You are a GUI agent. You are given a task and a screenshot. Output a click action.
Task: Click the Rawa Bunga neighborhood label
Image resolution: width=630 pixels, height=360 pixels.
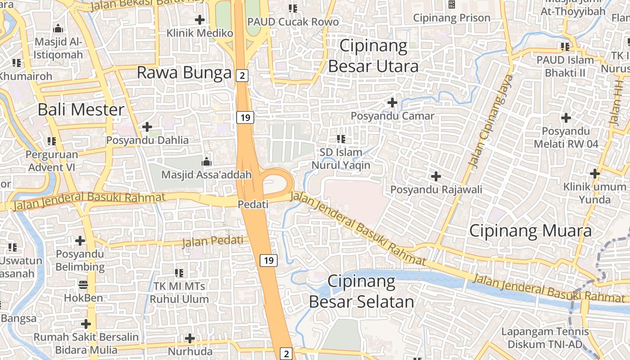(184, 72)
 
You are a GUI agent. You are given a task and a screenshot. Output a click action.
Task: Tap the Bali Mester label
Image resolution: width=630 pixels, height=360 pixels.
(81, 109)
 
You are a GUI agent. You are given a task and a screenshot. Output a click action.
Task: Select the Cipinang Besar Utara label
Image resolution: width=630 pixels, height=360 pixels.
(373, 56)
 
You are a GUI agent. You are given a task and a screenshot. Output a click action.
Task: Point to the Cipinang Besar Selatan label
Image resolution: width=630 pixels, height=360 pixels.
(361, 292)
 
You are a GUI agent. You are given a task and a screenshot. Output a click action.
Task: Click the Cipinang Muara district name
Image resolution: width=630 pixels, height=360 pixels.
(530, 231)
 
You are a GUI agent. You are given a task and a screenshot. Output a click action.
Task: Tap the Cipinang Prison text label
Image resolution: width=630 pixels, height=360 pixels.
(451, 18)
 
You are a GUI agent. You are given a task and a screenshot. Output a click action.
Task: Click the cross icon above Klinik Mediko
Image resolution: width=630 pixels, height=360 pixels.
(200, 20)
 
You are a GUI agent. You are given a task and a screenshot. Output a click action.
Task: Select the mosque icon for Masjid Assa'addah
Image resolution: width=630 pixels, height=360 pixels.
(207, 161)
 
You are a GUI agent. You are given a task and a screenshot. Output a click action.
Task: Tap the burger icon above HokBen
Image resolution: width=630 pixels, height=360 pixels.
(83, 284)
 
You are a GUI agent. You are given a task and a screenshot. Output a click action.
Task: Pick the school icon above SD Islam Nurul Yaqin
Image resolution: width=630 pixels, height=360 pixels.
(341, 139)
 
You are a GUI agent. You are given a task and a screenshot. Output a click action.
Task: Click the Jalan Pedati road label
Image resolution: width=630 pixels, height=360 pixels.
(215, 242)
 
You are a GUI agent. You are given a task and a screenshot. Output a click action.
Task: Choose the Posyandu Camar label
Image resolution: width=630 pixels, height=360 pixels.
(392, 116)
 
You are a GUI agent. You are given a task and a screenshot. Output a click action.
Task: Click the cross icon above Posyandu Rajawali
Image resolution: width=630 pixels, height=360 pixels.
(436, 176)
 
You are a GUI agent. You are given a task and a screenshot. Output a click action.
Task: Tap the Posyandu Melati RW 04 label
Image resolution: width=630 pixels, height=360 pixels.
(566, 138)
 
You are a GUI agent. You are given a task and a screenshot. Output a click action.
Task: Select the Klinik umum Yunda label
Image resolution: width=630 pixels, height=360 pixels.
(594, 193)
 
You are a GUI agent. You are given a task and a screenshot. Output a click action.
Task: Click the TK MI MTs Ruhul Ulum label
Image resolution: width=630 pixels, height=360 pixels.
(179, 292)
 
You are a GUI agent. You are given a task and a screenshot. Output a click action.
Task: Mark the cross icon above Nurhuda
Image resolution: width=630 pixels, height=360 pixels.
(190, 338)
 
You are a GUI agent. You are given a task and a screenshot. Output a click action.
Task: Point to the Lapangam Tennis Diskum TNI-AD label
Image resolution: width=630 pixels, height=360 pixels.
(545, 338)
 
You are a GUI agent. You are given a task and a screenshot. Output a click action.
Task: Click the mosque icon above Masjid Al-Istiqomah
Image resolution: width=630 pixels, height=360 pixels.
(58, 29)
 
